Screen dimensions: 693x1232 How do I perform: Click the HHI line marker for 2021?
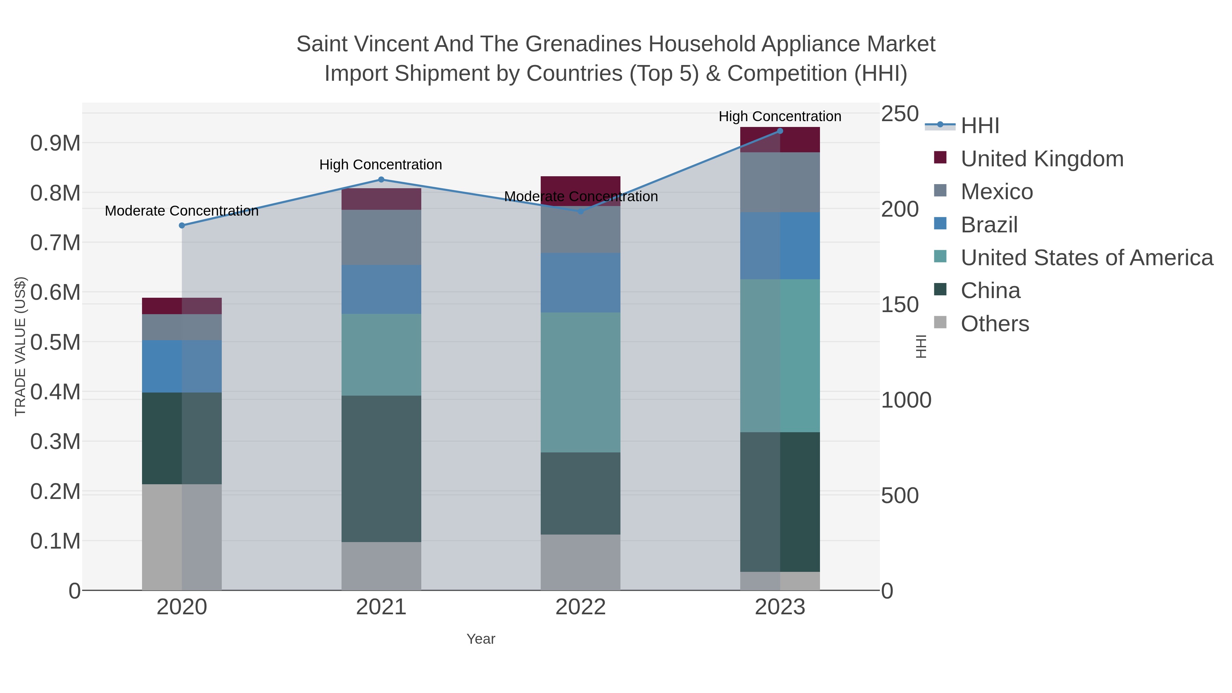click(x=381, y=180)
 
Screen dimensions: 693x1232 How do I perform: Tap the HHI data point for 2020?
click(x=182, y=225)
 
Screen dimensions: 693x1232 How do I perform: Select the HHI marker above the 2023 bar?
click(x=780, y=131)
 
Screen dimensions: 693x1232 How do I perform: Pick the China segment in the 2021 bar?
click(x=381, y=469)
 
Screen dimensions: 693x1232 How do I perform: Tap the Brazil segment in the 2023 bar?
click(x=780, y=246)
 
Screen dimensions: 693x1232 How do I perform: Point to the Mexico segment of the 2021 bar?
click(x=381, y=237)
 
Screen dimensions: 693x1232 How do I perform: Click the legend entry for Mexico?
click(x=997, y=192)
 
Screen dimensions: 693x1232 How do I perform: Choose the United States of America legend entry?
click(x=1087, y=258)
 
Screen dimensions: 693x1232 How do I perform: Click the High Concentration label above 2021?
click(x=381, y=165)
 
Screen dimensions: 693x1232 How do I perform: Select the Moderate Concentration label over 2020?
click(x=182, y=211)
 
